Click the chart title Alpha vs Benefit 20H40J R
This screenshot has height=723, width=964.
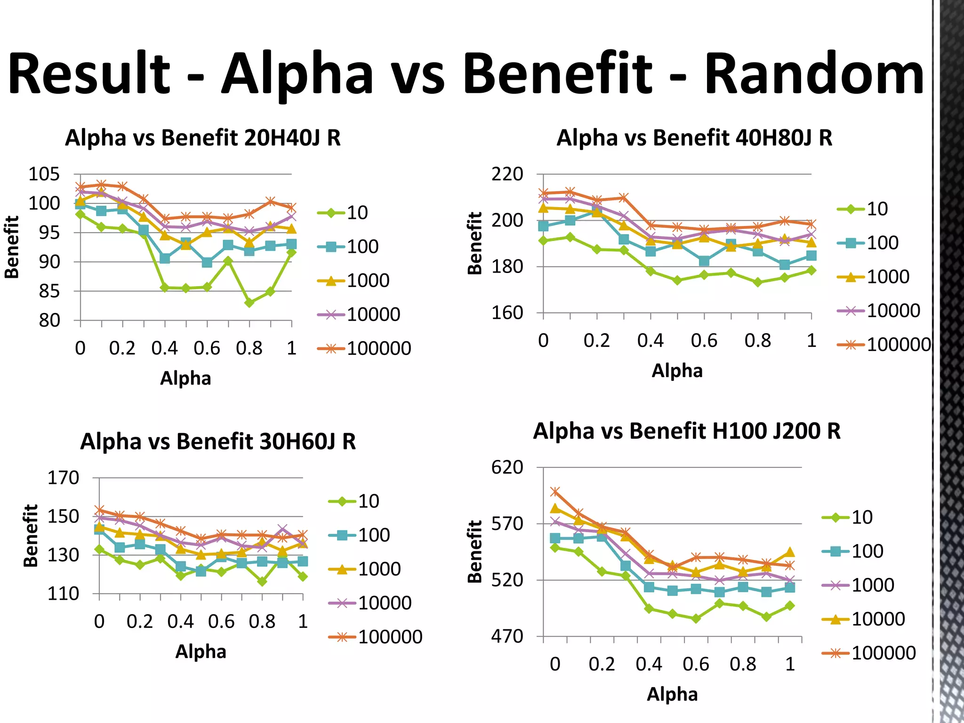(202, 138)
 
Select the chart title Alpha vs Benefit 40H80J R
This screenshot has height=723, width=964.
(694, 138)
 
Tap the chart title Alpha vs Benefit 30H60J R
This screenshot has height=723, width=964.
(218, 442)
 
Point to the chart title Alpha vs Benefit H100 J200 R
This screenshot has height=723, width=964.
(687, 431)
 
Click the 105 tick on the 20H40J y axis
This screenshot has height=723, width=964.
(44, 175)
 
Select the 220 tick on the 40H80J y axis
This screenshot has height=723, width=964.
(507, 175)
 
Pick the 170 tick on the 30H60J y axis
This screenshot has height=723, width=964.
(63, 478)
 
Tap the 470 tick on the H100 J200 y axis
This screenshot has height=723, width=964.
(507, 636)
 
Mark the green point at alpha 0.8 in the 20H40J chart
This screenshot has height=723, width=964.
(249, 303)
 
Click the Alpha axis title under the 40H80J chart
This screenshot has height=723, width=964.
(677, 371)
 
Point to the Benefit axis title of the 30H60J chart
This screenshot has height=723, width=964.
(31, 535)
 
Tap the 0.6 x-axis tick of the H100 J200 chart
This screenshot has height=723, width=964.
(696, 664)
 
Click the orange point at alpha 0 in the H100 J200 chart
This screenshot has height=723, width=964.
(555, 492)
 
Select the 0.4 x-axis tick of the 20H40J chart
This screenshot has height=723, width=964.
(165, 348)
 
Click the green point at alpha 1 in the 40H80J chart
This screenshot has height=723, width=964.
(811, 271)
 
